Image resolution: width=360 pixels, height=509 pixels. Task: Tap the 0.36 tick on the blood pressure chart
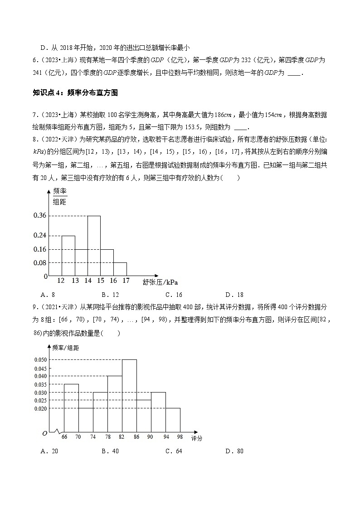click(x=40, y=216)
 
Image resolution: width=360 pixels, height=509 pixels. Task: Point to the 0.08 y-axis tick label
click(x=40, y=263)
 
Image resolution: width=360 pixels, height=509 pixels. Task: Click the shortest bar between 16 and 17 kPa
click(x=120, y=269)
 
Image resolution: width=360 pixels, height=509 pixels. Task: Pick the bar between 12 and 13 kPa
click(x=68, y=255)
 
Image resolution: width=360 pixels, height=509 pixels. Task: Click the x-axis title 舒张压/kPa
click(x=160, y=282)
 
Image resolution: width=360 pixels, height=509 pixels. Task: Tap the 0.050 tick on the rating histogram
click(x=41, y=360)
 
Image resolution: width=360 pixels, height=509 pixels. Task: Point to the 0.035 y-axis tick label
click(x=41, y=384)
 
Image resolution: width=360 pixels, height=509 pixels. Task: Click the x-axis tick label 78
click(x=107, y=436)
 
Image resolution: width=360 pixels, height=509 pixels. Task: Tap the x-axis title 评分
click(x=196, y=438)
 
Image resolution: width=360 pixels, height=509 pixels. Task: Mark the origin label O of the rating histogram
click(x=44, y=433)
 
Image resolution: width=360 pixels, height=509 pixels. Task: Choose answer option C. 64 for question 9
click(x=174, y=451)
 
